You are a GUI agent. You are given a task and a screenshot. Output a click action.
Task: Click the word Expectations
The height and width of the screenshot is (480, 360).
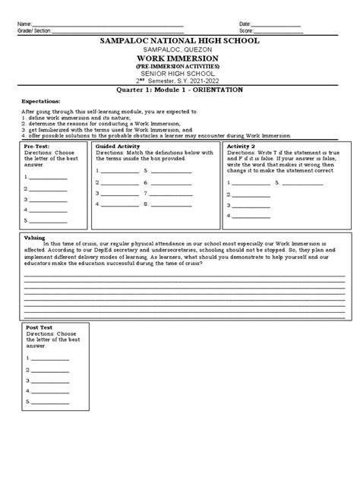[40, 100]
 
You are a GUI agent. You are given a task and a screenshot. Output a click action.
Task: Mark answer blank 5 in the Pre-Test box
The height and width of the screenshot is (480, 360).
[49, 221]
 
